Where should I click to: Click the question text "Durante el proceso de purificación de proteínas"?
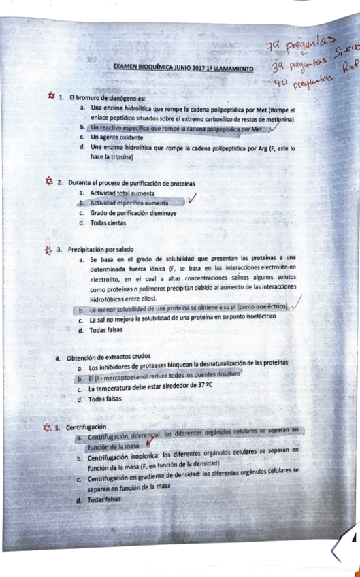(x=131, y=183)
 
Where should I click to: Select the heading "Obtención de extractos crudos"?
(x=112, y=359)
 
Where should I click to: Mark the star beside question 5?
(x=46, y=427)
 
